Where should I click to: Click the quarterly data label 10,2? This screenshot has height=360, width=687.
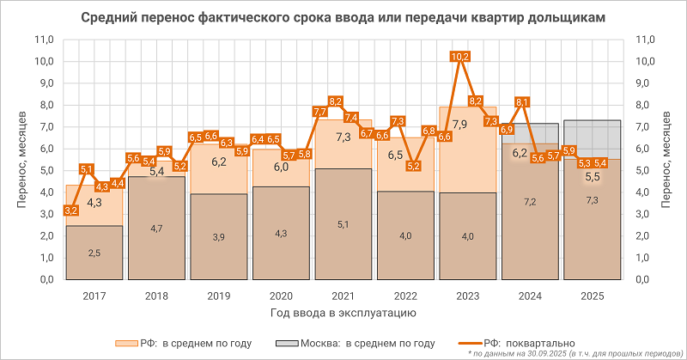click(x=460, y=57)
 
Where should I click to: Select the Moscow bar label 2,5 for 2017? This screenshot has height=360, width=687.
click(x=95, y=253)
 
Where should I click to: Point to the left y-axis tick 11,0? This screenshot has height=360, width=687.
click(x=43, y=40)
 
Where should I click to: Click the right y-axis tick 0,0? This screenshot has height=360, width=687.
click(x=644, y=280)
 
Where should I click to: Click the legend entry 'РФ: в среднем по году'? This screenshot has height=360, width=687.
click(x=190, y=343)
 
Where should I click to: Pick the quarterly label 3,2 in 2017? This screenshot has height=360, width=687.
click(x=72, y=210)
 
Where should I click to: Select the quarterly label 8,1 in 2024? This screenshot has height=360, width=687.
click(x=522, y=102)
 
